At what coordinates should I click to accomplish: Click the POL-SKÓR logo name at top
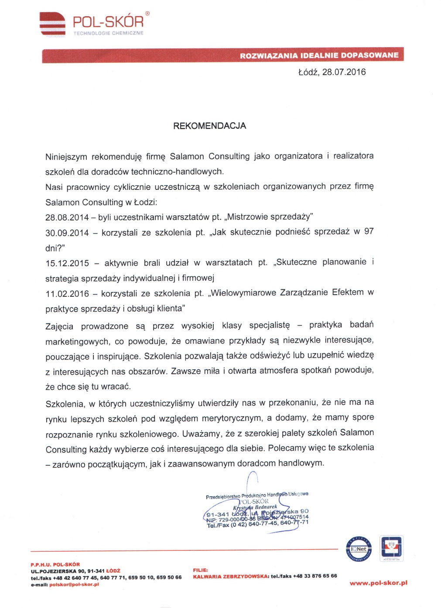[x=108, y=22]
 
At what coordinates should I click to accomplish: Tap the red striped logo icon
[x=52, y=24]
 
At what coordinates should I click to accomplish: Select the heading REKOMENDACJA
[x=210, y=126]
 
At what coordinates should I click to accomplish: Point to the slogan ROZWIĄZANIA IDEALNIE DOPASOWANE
[x=319, y=55]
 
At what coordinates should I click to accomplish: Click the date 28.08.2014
[x=67, y=217]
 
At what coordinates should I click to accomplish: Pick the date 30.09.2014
[x=67, y=233]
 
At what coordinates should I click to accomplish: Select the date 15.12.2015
[x=67, y=263]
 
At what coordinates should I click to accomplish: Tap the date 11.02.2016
[x=67, y=294]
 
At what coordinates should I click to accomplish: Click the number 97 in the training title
[x=369, y=231]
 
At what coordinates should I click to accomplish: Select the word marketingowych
[x=77, y=341]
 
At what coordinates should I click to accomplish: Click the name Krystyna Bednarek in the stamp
[x=255, y=507]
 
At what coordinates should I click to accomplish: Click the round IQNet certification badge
[x=359, y=549]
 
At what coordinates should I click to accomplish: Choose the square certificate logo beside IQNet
[x=391, y=548]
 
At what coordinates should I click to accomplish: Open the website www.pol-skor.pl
[x=378, y=583]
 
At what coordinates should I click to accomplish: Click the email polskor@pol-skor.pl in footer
[x=74, y=584]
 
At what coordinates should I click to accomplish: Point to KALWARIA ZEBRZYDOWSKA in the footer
[x=231, y=576]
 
